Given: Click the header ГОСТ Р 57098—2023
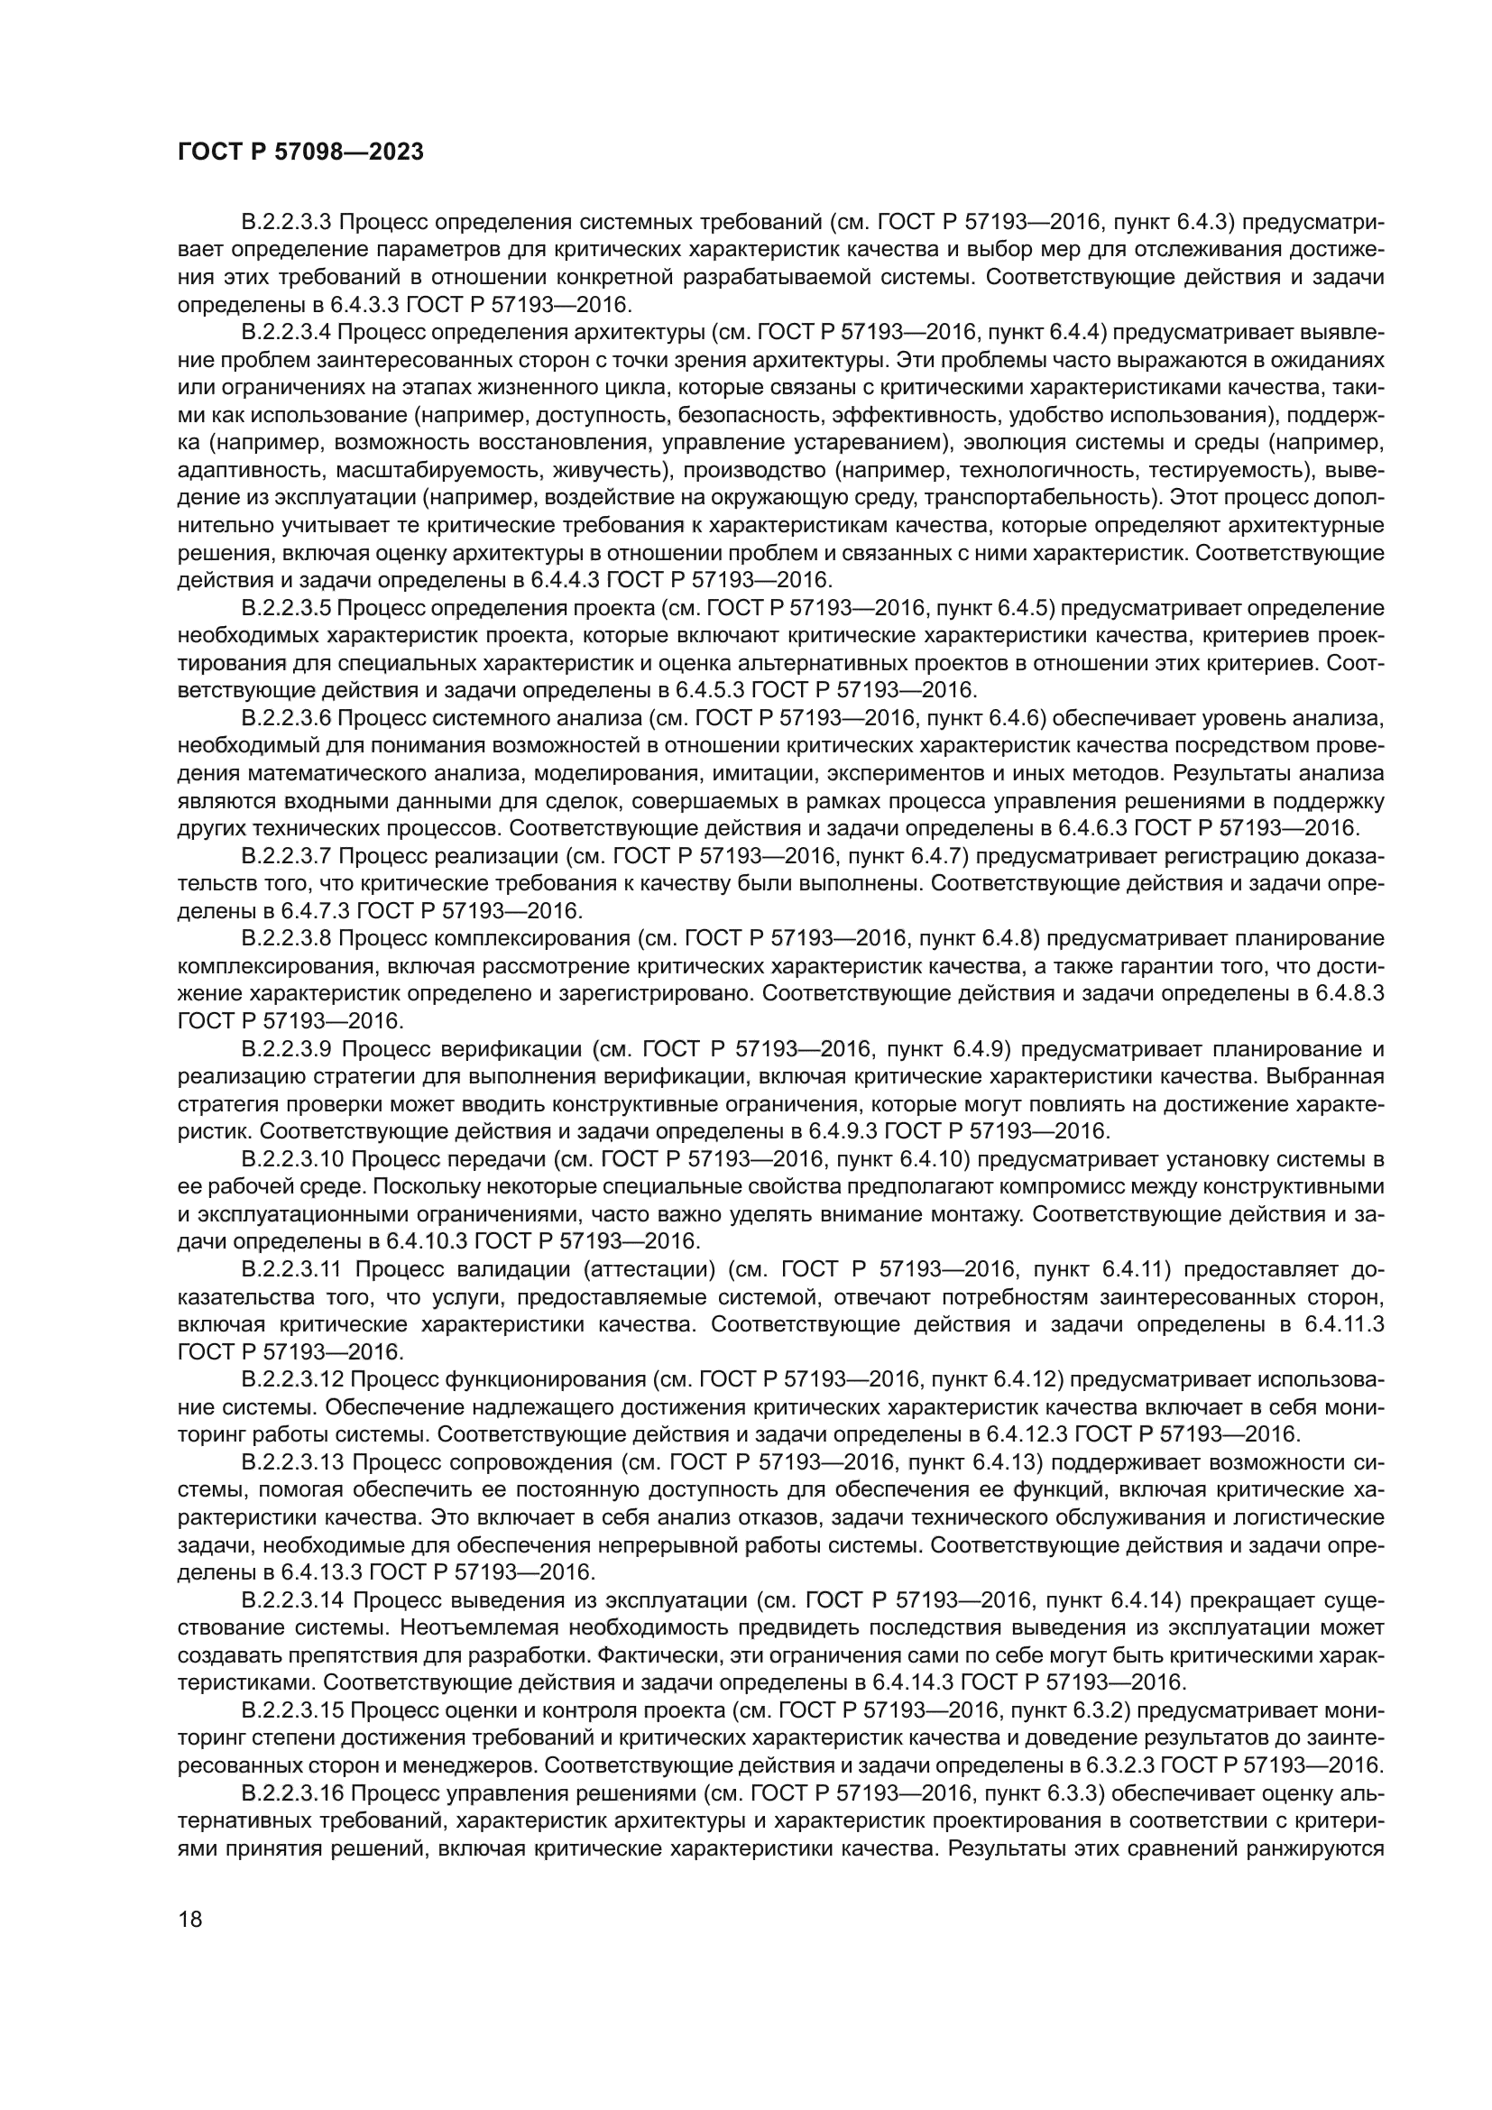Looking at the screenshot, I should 300,152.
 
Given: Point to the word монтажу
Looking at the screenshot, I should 979,1214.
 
